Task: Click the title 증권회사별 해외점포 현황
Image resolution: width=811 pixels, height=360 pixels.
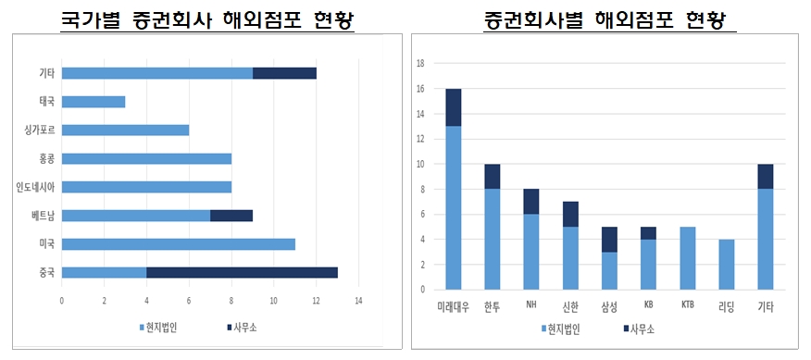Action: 609,19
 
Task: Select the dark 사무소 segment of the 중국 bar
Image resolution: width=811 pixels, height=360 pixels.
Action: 242,272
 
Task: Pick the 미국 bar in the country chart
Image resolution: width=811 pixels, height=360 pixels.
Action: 178,244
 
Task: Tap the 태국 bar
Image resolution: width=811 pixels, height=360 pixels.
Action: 93,102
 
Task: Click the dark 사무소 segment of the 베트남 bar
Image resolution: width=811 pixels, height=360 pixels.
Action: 231,216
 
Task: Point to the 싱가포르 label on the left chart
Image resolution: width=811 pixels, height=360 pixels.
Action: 40,130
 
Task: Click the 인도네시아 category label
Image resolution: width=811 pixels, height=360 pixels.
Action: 35,187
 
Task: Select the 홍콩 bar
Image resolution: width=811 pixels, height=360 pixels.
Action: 146,158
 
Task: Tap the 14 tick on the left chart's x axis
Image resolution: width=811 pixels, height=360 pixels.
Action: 358,301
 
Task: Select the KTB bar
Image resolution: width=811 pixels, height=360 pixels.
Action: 687,258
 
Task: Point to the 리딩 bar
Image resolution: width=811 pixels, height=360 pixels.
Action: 726,265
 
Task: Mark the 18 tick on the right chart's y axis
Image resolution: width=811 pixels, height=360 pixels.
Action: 420,64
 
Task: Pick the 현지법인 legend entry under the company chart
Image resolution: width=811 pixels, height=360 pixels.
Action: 561,329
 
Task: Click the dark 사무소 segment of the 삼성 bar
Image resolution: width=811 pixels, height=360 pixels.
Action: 610,240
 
